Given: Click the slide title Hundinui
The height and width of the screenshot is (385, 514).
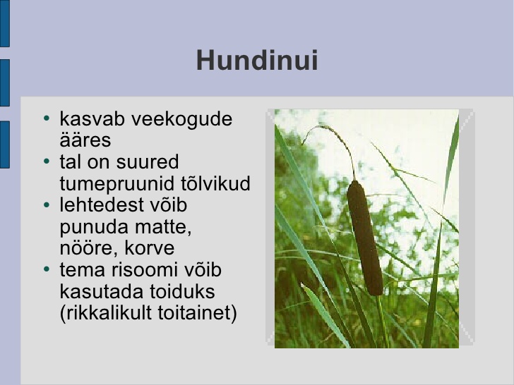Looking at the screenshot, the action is [x=257, y=60].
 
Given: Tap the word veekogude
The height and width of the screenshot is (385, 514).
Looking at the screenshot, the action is [x=181, y=118].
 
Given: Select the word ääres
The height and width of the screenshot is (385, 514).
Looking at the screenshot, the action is [x=85, y=140].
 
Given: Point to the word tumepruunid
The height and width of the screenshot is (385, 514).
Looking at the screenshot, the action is [x=117, y=183].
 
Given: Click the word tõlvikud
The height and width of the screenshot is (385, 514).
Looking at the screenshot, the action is [x=216, y=183].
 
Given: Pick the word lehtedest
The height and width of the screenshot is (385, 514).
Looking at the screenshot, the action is [x=102, y=204].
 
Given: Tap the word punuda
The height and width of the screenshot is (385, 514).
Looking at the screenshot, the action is [x=95, y=227].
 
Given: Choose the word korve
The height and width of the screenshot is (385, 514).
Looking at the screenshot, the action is [x=150, y=248].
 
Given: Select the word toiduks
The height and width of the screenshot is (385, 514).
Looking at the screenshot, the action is [x=183, y=291].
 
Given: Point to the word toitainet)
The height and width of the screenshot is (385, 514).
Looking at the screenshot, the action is [x=198, y=312].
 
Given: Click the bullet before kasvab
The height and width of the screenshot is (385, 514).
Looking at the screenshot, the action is [x=47, y=118].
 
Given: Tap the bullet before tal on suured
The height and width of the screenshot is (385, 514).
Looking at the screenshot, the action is [x=47, y=161].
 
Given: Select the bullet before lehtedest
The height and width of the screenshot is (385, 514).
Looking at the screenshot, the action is [x=47, y=204].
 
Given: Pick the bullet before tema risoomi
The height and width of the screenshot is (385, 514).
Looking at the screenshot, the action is [x=47, y=269].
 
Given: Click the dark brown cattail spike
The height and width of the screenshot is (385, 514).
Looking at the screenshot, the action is [x=364, y=238].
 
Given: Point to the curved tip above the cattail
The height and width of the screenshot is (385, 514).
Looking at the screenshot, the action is [x=303, y=142].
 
